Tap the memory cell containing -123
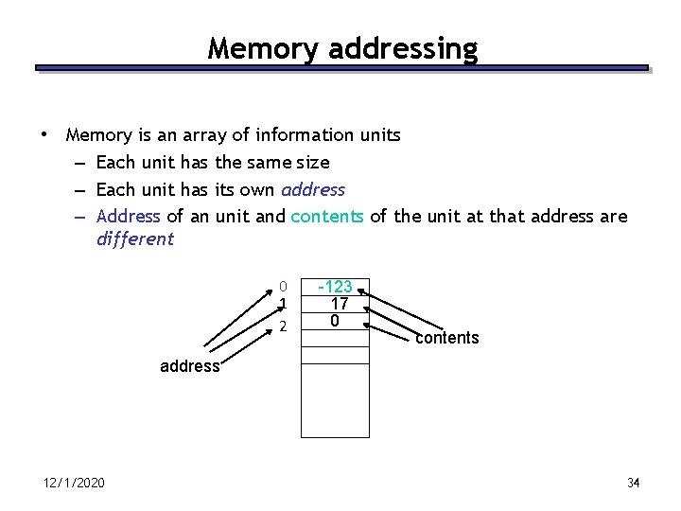(x=335, y=287)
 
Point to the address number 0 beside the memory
(x=283, y=287)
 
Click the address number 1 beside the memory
(x=283, y=304)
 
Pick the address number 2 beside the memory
(x=283, y=326)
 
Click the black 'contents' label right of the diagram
(x=446, y=338)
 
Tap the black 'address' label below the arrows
(x=189, y=366)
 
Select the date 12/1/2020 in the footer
(x=74, y=484)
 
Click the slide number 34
(x=633, y=484)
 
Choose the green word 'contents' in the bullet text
(x=326, y=216)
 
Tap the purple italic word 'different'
(x=135, y=238)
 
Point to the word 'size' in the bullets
(x=313, y=163)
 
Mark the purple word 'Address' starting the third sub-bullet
(x=129, y=216)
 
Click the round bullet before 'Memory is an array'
(x=44, y=134)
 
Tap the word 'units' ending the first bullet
(x=379, y=135)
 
